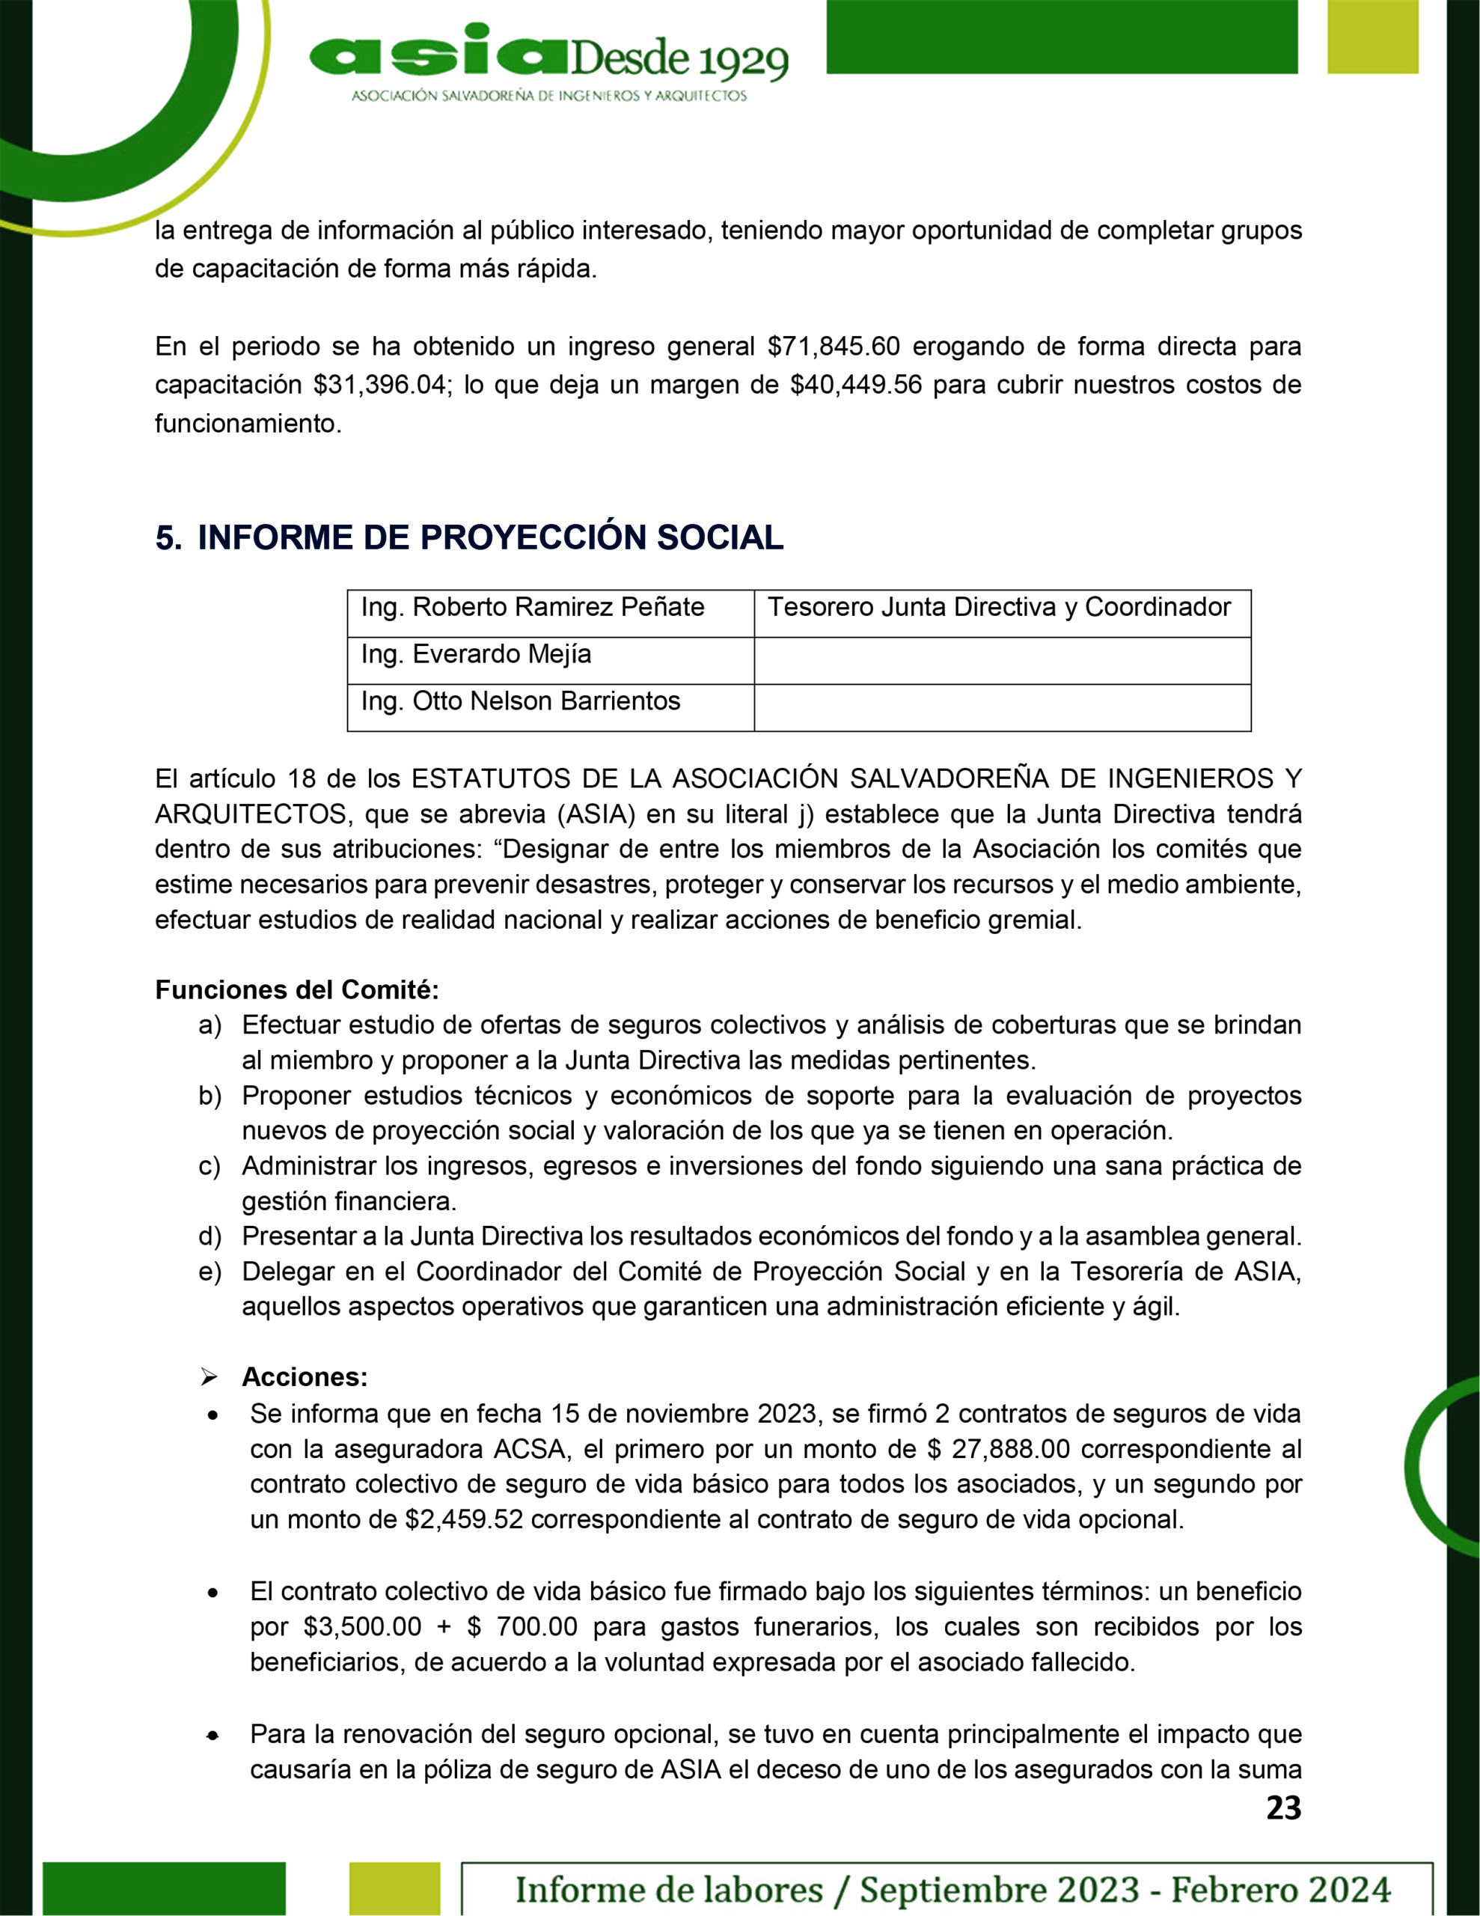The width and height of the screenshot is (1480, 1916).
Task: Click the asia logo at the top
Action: click(548, 63)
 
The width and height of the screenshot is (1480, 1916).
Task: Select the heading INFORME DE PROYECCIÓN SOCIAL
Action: click(489, 538)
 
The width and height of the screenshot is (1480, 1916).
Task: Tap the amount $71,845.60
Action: click(834, 347)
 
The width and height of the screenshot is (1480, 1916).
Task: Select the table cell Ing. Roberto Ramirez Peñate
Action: click(533, 607)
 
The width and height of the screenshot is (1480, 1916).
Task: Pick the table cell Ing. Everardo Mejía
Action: click(477, 654)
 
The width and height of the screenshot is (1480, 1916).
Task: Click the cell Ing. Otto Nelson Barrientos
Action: click(520, 701)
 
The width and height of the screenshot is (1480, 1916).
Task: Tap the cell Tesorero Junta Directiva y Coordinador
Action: click(999, 607)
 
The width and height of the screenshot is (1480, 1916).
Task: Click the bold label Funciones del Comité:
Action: click(296, 989)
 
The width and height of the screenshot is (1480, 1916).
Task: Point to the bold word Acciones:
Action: click(305, 1376)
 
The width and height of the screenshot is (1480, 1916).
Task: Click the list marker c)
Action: click(210, 1166)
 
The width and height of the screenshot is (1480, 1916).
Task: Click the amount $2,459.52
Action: click(463, 1519)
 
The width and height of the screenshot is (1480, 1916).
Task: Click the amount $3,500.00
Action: click(362, 1626)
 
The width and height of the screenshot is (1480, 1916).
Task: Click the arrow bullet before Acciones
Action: click(209, 1377)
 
